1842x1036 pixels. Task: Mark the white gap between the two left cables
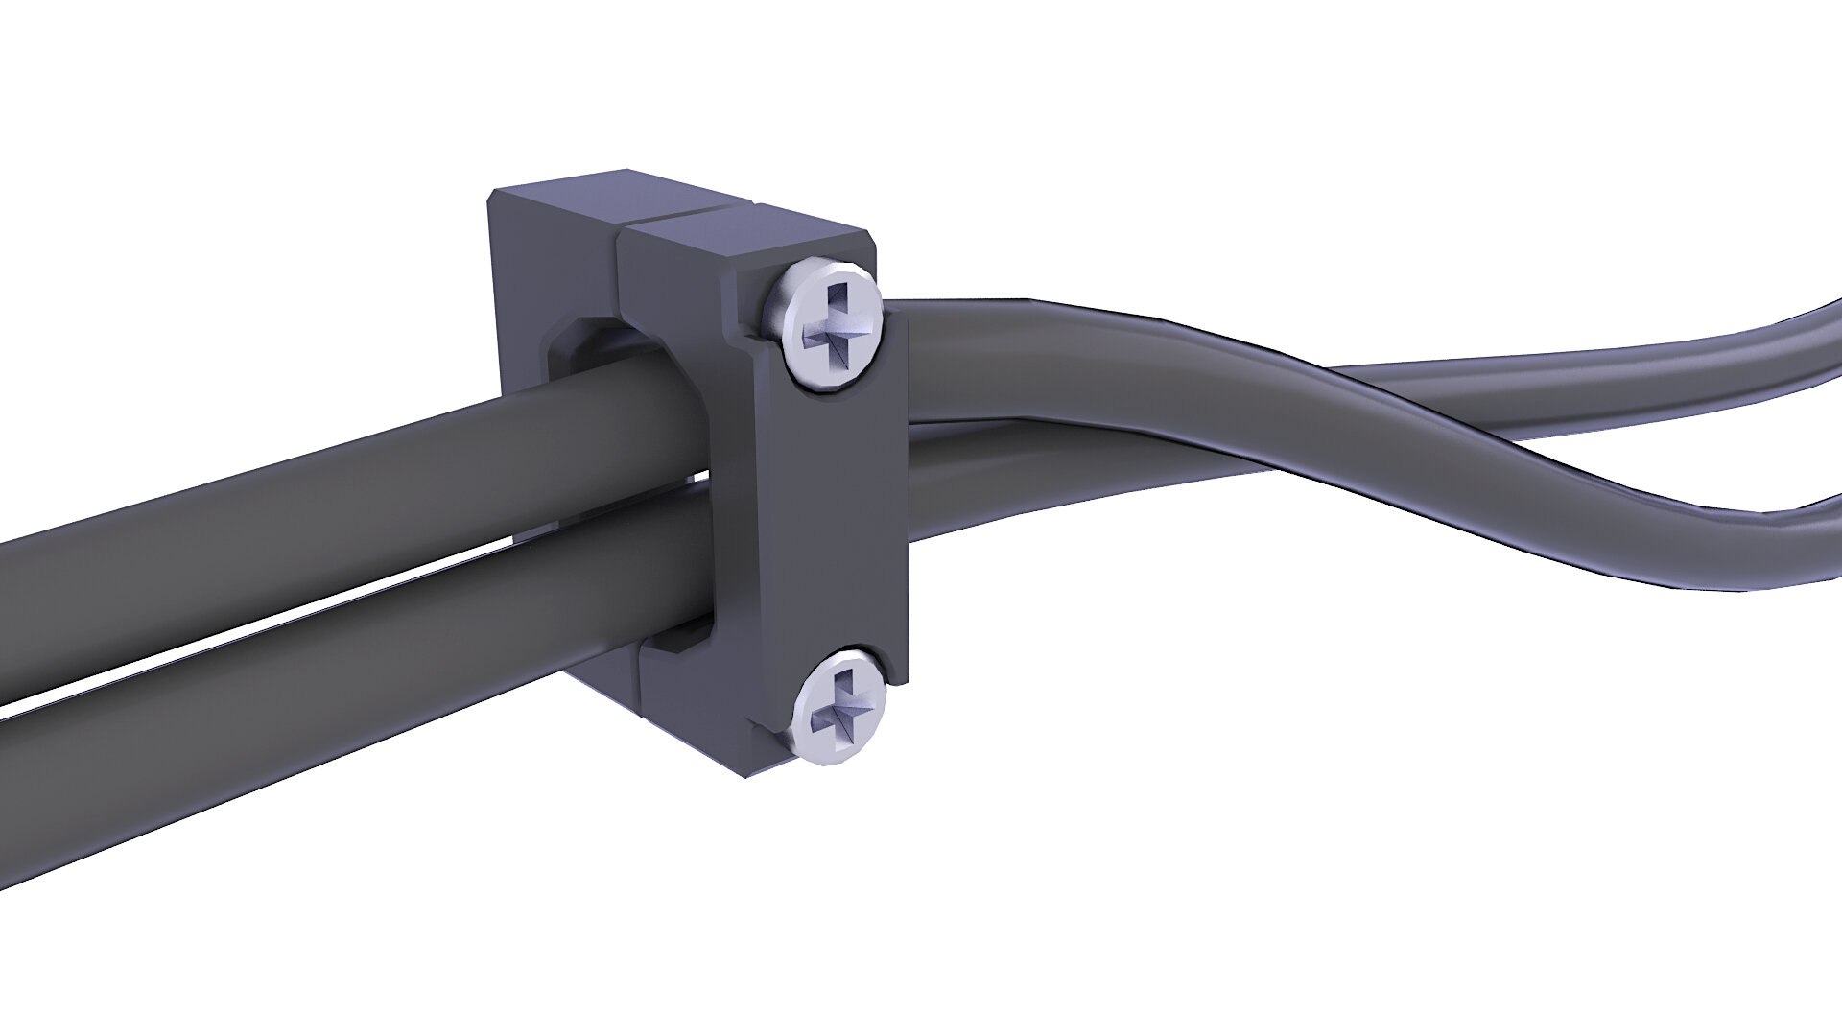pos(288,614)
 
